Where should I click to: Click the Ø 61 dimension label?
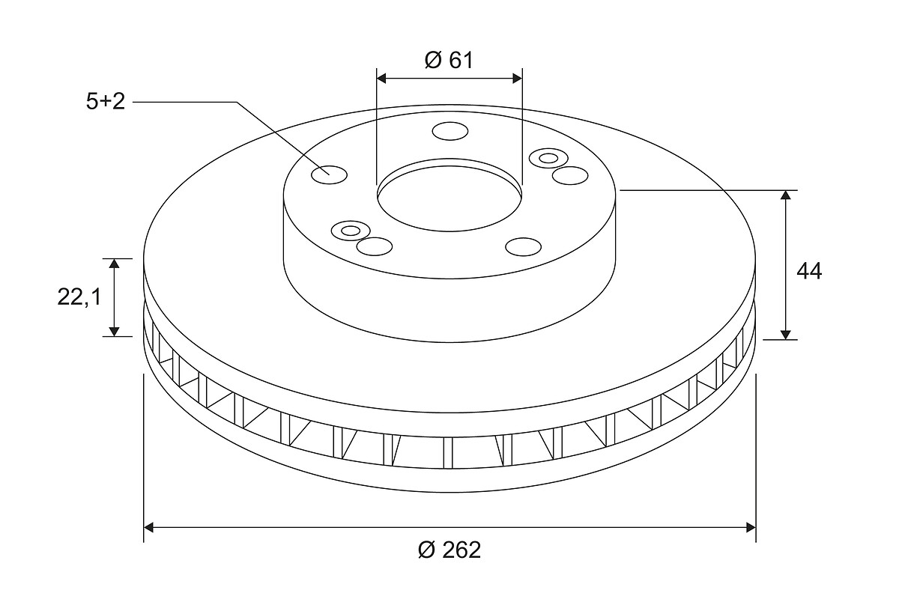449,60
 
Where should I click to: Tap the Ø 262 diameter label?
449,550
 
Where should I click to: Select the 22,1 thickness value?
79,297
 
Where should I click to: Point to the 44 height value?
809,271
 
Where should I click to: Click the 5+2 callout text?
106,101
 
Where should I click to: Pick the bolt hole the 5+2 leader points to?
329,174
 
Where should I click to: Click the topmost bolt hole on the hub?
450,131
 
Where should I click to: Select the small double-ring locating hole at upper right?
548,158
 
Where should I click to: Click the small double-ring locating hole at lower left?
351,231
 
